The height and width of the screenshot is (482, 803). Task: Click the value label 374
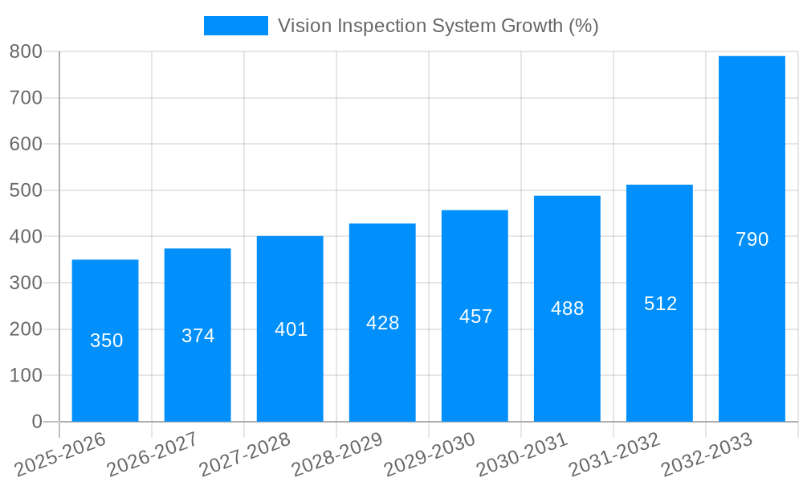pos(198,336)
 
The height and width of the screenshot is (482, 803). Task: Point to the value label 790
pos(752,239)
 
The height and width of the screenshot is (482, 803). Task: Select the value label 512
pos(660,304)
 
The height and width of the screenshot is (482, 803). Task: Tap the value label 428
pos(382,323)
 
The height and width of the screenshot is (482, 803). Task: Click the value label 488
pos(567,308)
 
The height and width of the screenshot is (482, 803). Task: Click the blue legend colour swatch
pos(235,26)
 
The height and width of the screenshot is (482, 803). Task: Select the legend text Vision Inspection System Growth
pos(438,26)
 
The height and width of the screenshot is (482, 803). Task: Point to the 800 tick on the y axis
pos(26,51)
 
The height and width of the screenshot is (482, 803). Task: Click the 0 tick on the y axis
pos(36,422)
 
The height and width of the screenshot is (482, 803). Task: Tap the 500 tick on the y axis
pos(26,190)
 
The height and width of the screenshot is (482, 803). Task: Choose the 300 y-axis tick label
pos(26,283)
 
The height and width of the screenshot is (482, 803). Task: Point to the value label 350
pos(106,341)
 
